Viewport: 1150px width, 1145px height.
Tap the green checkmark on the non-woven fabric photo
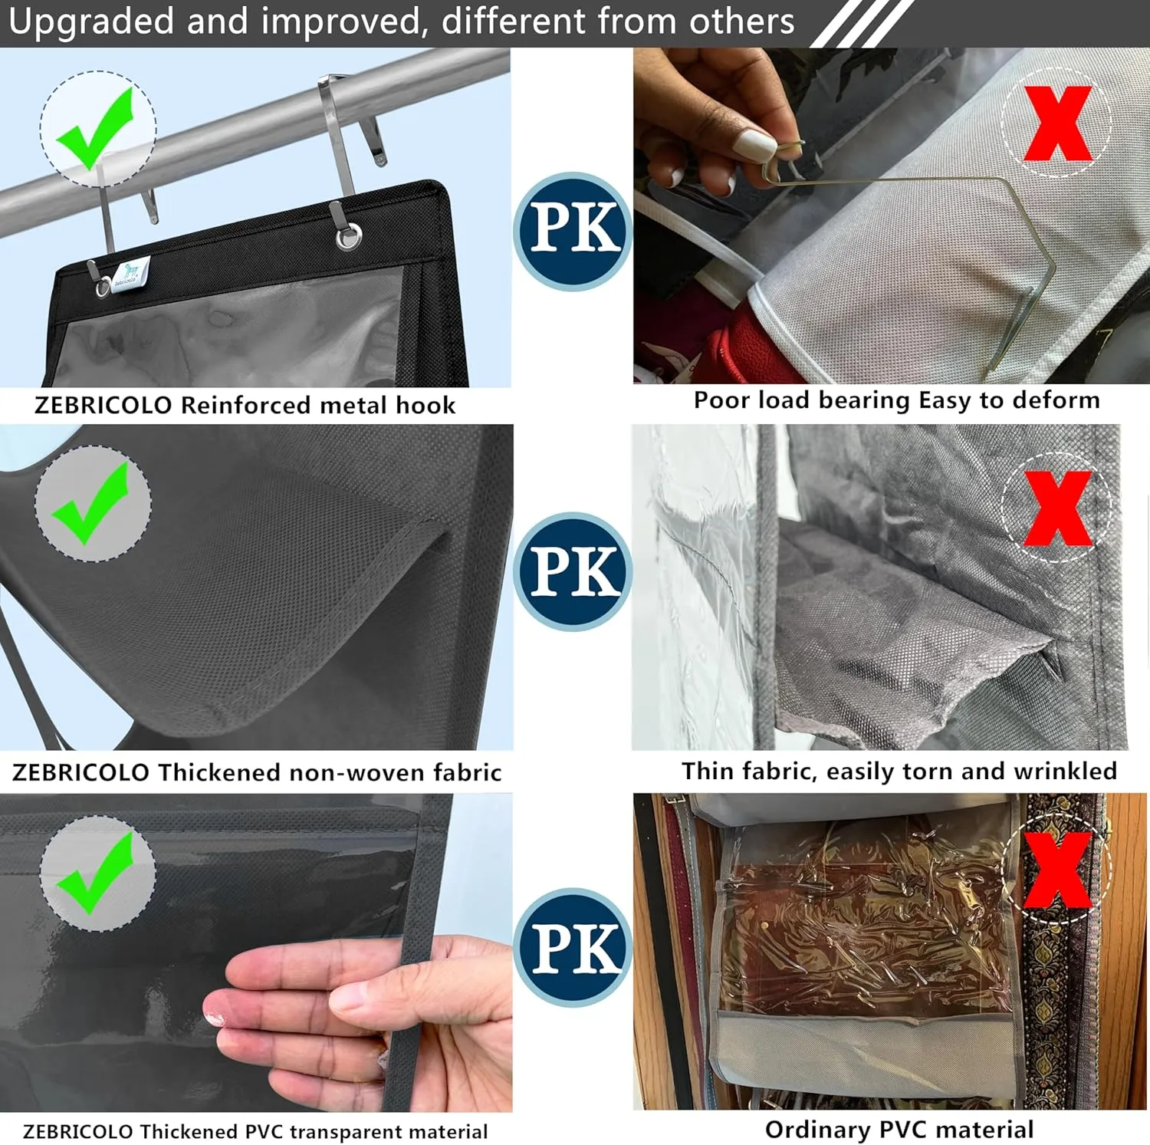90,504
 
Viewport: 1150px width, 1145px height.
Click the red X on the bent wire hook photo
1058,123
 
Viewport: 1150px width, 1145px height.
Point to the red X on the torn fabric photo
1058,508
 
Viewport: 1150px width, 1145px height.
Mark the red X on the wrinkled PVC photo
1058,870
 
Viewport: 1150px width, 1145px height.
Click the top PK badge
573,230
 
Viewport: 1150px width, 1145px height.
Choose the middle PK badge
573,572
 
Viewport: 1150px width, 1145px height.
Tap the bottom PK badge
573,948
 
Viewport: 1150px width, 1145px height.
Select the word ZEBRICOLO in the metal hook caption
103,405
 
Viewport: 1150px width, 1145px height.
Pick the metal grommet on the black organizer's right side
349,236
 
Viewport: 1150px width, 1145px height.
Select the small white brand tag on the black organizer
130,273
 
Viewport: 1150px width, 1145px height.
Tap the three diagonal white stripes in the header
861,24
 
